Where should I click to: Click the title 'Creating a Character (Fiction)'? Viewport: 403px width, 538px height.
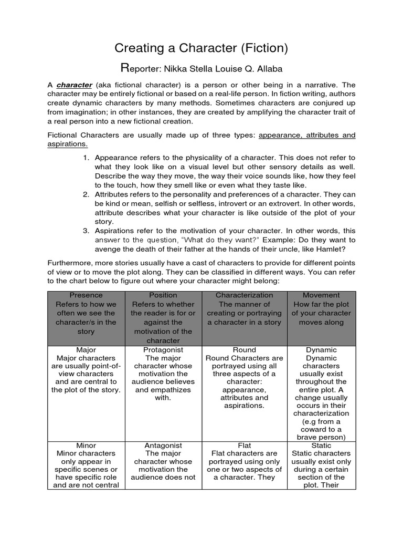201,48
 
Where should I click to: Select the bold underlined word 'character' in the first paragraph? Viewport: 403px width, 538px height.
75,85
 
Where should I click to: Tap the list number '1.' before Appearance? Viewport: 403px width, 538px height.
86,158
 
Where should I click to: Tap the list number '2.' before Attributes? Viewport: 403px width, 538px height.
86,194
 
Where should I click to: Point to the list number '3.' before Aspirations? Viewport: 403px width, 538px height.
86,231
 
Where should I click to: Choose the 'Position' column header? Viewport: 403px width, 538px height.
163,295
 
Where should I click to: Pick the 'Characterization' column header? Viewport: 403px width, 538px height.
244,295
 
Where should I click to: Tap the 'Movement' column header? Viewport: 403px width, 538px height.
321,295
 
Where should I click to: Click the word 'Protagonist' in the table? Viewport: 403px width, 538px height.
163,350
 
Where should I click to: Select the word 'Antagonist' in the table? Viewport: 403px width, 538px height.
163,446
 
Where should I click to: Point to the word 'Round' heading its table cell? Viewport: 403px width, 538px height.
244,350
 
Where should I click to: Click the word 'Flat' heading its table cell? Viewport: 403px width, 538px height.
244,446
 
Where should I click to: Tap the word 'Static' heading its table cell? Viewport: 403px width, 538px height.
321,446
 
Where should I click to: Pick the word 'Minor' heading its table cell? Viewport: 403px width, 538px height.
86,446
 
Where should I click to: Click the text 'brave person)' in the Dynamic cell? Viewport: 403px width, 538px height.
321,437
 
